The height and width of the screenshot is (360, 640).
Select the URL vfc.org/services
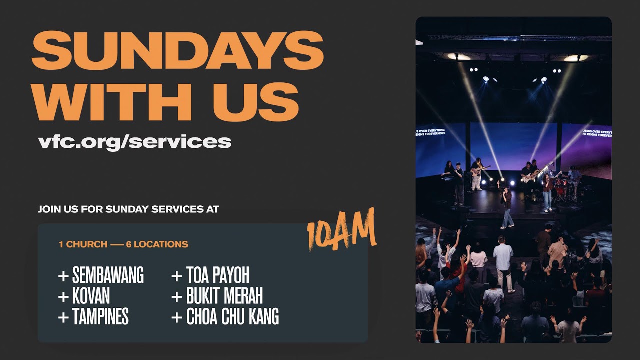[x=134, y=141]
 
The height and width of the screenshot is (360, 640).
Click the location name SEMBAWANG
[x=108, y=275]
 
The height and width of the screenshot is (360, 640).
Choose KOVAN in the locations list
[x=91, y=296]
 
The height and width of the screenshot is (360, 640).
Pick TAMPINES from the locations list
[x=100, y=317]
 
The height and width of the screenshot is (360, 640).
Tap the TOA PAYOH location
[x=217, y=275]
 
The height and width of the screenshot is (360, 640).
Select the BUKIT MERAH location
[x=224, y=296]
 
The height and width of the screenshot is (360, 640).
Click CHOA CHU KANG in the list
[x=232, y=317]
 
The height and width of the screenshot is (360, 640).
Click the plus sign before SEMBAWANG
[x=63, y=276]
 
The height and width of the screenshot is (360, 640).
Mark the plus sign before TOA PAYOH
[x=176, y=276]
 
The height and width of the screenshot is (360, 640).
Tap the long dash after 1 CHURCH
[x=117, y=245]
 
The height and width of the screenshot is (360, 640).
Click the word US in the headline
[x=256, y=102]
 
